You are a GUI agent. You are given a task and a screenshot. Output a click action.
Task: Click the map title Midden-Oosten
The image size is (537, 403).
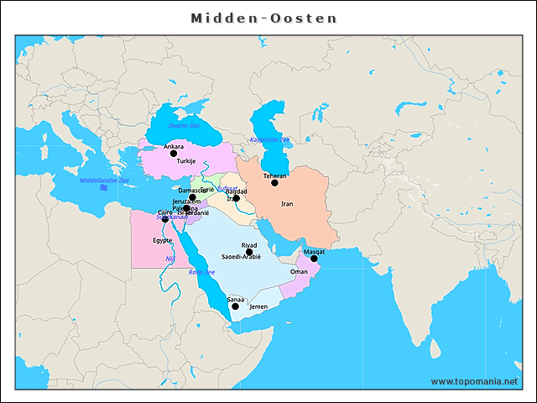(263, 18)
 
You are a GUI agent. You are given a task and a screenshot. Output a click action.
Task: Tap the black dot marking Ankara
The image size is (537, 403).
(174, 154)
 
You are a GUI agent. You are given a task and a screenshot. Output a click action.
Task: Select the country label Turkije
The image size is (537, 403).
(186, 161)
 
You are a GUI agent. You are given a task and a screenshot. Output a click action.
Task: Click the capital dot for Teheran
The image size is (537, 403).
(274, 183)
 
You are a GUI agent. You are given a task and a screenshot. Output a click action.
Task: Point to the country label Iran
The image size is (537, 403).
(287, 204)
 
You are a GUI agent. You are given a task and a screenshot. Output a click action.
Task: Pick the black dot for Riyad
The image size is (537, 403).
(249, 252)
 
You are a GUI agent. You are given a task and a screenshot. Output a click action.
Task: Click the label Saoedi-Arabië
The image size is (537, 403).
(241, 257)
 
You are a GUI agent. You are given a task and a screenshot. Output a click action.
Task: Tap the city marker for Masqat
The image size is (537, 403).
(314, 259)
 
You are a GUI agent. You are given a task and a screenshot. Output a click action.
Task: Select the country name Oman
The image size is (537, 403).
(299, 272)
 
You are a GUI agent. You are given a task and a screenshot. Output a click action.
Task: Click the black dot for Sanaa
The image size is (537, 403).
(235, 306)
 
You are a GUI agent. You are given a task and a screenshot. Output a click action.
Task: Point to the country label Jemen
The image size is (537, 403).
(258, 307)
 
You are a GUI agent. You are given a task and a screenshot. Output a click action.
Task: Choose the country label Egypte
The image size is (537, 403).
(162, 240)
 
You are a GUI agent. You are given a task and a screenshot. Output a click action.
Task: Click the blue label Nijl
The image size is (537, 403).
(169, 259)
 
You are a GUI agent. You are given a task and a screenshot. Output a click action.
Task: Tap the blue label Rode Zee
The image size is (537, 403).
(201, 272)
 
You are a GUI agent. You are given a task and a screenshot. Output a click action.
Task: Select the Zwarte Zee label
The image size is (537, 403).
(183, 126)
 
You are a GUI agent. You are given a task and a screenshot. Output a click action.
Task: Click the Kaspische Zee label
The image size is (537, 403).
(269, 139)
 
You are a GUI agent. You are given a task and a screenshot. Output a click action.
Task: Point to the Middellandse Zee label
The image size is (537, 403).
(104, 181)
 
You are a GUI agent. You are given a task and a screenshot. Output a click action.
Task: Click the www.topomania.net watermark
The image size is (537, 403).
(474, 381)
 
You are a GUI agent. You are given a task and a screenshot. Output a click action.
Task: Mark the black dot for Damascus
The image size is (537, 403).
(192, 197)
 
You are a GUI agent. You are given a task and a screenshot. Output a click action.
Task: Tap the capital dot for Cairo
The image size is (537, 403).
(164, 219)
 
